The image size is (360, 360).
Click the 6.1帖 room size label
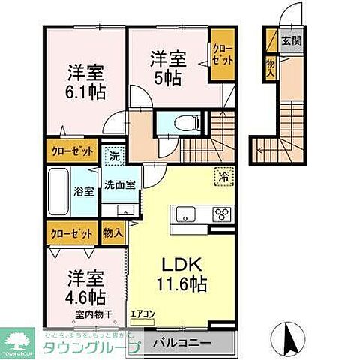[x=84, y=91]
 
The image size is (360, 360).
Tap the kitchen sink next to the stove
[x=186, y=216]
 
